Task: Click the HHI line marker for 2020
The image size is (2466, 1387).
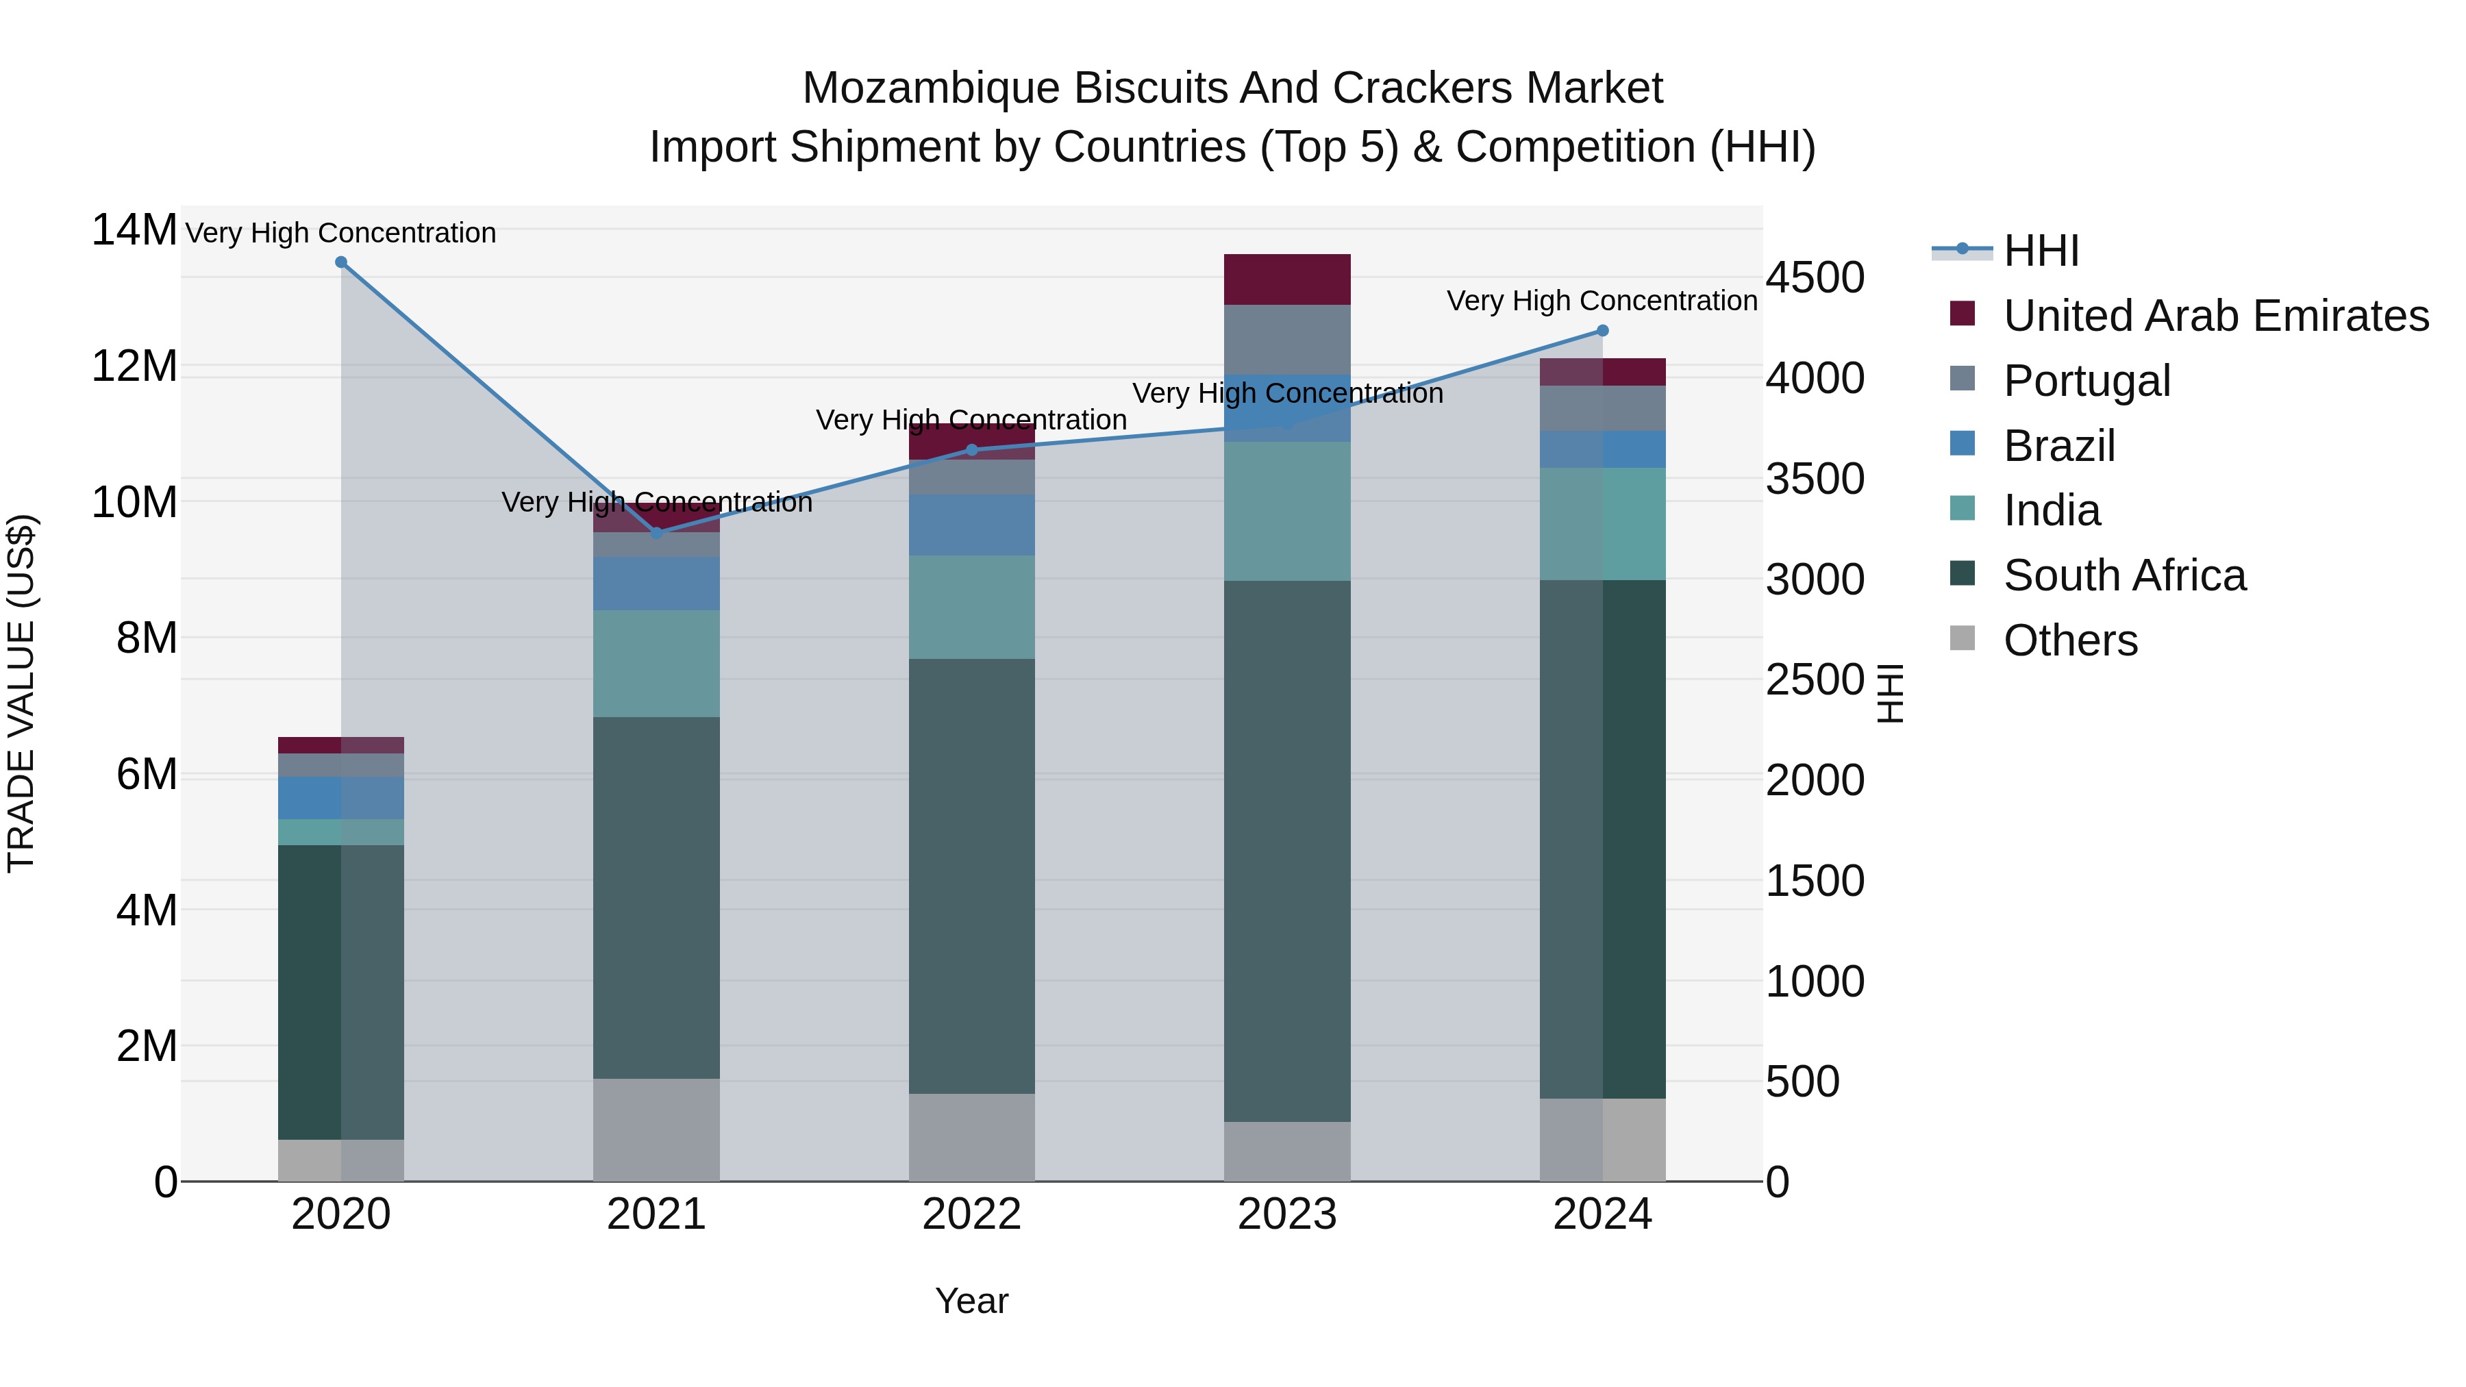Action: point(341,262)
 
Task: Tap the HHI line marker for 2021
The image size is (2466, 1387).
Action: point(657,532)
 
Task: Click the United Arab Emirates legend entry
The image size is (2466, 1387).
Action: point(2215,316)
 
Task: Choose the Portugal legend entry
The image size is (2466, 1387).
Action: point(2087,381)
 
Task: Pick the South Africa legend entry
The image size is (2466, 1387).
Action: point(2124,575)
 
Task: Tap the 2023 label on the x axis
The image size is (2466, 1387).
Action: point(1286,1214)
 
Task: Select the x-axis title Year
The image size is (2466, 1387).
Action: point(971,1301)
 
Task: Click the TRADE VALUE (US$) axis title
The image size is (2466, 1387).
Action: point(21,693)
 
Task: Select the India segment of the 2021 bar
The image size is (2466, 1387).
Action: point(657,663)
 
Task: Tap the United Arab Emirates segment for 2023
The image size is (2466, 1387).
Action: point(1286,279)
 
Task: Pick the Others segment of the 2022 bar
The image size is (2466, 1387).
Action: point(971,1137)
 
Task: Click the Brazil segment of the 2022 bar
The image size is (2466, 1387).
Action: point(971,525)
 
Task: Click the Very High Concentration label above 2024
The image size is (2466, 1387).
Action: point(1602,301)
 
